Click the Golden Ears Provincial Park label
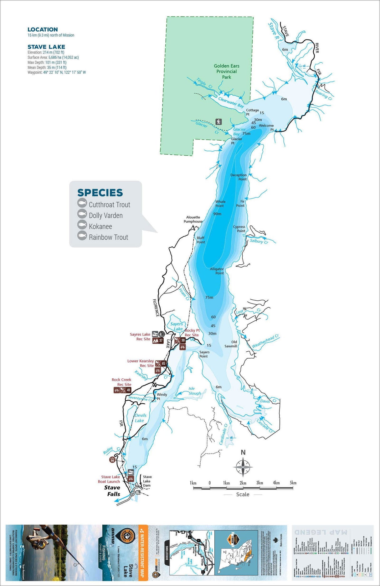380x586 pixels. tap(226, 71)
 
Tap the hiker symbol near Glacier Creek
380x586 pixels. tap(218, 122)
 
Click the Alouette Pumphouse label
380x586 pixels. tap(193, 219)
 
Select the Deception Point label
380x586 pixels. tap(239, 177)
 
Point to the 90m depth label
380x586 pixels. tap(217, 214)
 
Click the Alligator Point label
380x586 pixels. tap(217, 271)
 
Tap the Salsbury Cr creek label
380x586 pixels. tap(259, 241)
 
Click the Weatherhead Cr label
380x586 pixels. tap(265, 341)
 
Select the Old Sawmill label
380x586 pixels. tap(231, 344)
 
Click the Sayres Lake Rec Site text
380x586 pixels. tap(140, 337)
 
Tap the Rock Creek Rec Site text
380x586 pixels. tap(121, 382)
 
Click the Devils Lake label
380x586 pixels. tap(140, 418)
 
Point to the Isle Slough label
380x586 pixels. tap(194, 391)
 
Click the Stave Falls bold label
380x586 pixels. tap(113, 491)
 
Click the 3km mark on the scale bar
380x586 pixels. tap(259, 483)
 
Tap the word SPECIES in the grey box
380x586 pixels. tap(100, 193)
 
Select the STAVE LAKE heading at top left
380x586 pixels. tap(46, 47)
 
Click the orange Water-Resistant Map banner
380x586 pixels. tap(143, 553)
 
